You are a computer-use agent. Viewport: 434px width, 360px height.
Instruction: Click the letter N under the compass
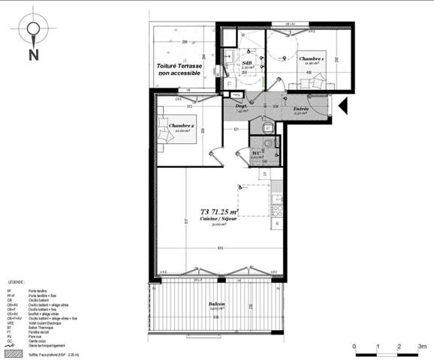tap(34, 55)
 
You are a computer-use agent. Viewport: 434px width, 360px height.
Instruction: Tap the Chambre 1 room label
tap(311, 59)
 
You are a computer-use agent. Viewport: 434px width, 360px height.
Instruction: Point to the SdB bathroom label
tap(247, 63)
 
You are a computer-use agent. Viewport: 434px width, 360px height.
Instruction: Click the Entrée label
tap(301, 109)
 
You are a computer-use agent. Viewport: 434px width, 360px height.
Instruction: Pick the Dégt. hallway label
tap(242, 106)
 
